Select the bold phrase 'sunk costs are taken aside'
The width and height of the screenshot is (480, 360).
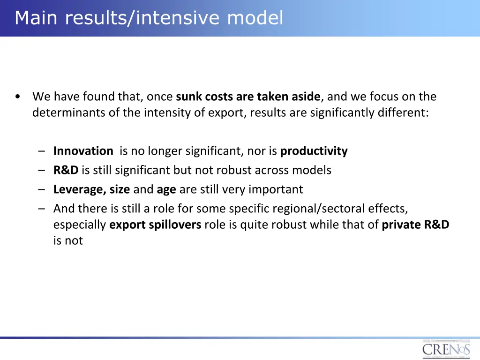coord(248,97)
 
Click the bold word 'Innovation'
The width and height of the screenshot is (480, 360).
coord(83,151)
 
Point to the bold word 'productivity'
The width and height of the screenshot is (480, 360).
coord(314,151)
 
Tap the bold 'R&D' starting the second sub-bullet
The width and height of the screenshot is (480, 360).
coord(66,170)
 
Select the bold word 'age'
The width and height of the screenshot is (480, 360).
coord(166,189)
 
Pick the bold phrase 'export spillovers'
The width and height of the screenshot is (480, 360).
coord(155,225)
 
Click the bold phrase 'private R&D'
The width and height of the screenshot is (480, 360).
coord(415,225)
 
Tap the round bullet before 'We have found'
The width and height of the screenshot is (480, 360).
coord(17,97)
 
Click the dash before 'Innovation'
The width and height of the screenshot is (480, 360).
coord(42,151)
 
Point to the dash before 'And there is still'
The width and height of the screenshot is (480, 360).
coord(42,208)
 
